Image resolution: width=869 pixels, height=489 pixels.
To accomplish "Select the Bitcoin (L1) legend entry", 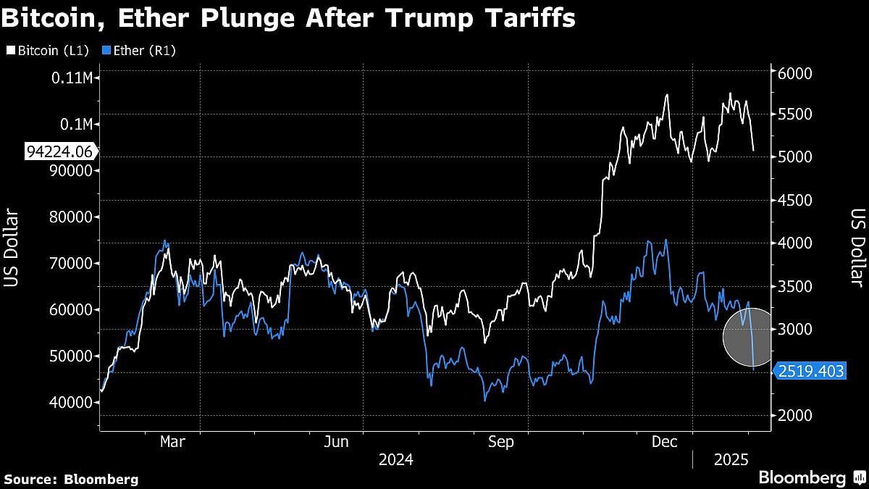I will tap(48, 51).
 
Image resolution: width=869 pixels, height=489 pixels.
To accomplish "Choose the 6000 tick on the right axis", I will tap(795, 74).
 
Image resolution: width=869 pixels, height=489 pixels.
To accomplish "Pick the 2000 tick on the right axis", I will tap(795, 416).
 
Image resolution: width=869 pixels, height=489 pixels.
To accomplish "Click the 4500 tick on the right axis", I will tap(795, 201).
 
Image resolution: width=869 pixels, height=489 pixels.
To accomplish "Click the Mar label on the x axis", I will tap(172, 441).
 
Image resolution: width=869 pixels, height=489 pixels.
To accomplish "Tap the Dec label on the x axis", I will tap(663, 441).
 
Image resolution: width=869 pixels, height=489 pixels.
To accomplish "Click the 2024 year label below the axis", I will tap(395, 459).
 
